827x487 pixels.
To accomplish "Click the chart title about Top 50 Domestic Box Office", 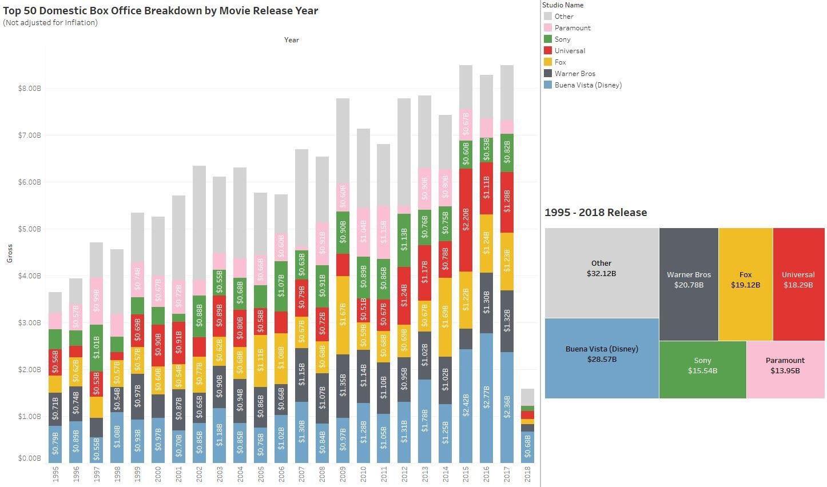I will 161,10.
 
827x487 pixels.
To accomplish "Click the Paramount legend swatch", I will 548,27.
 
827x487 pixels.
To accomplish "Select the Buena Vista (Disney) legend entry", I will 587,85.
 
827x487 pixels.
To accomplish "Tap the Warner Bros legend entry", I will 574,73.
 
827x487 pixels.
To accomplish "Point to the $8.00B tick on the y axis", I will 30,89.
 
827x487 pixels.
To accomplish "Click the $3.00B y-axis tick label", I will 30,323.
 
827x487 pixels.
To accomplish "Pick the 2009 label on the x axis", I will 343,474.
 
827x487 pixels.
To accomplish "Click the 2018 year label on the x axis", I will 527,474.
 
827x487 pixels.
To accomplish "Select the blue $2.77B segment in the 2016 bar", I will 486,398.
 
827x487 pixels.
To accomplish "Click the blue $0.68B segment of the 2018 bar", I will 527,447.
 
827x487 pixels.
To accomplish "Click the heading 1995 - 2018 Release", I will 595,213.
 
